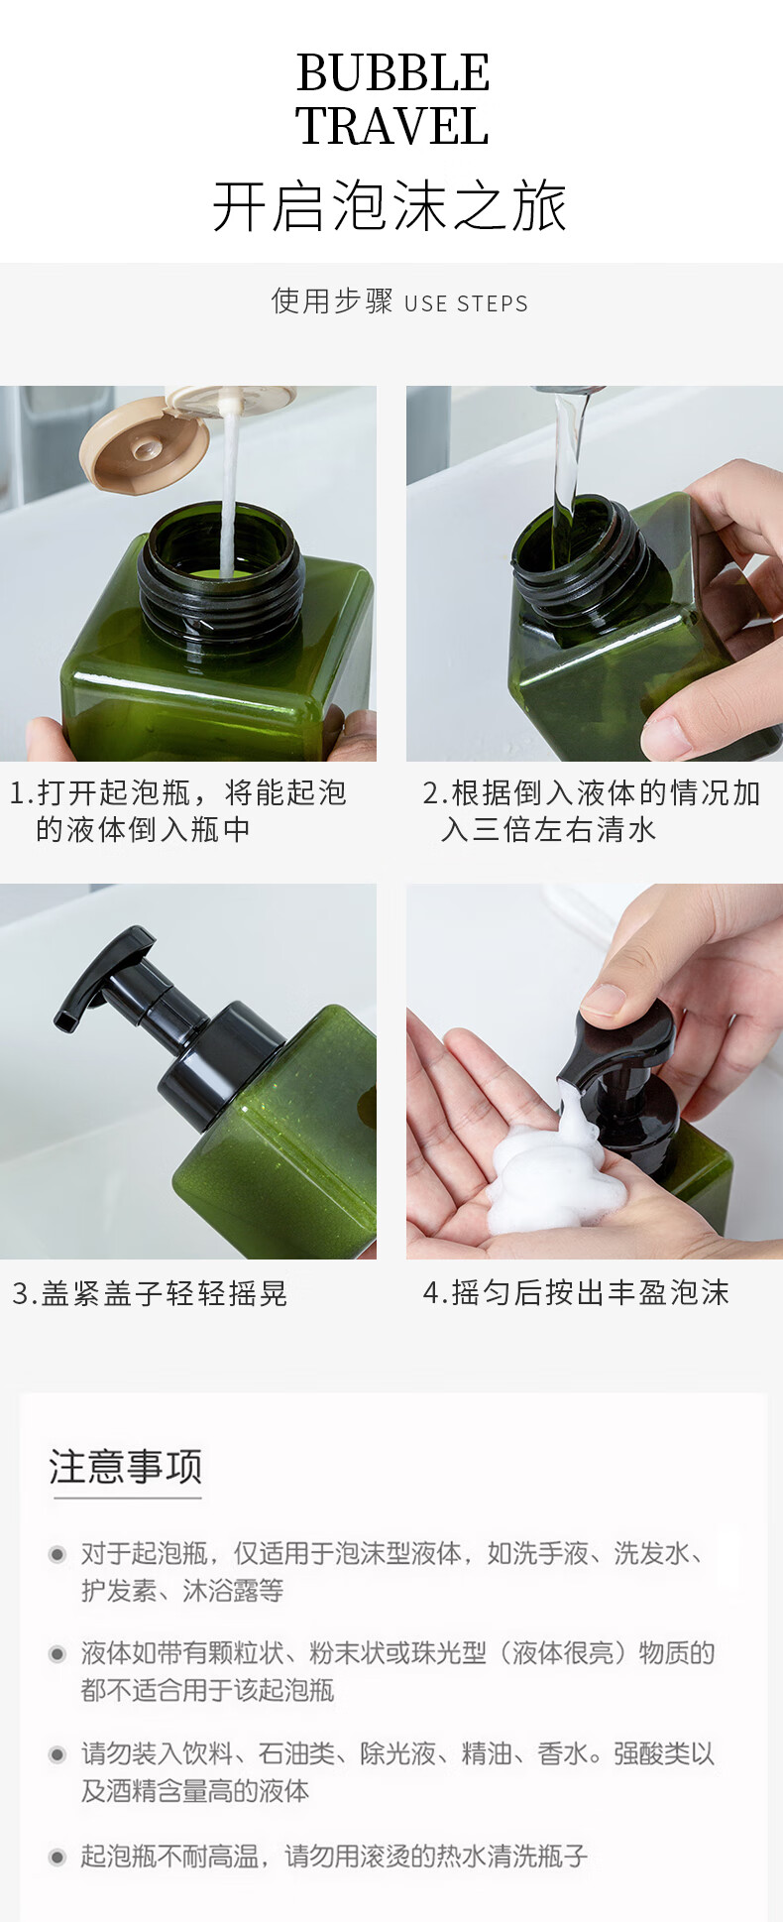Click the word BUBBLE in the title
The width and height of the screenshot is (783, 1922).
point(392,72)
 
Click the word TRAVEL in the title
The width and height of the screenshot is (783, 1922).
point(392,126)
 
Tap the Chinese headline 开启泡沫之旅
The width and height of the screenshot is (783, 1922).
point(391,206)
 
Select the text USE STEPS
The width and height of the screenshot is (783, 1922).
point(466,303)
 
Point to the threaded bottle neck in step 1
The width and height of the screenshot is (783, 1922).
point(221,569)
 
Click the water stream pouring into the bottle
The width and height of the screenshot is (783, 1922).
point(567,466)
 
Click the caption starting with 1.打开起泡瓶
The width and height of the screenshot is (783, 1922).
point(178,810)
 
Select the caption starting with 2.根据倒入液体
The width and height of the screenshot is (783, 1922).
point(592,810)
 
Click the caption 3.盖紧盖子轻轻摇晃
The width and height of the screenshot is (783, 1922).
point(150,1293)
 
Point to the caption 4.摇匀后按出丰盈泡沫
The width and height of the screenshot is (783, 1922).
point(576,1292)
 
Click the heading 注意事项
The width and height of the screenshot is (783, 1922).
point(126,1466)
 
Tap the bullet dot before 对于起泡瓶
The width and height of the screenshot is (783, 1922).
point(57,1554)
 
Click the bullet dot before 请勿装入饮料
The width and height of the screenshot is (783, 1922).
point(57,1754)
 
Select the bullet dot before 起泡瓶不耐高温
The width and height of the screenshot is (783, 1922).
point(57,1856)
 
